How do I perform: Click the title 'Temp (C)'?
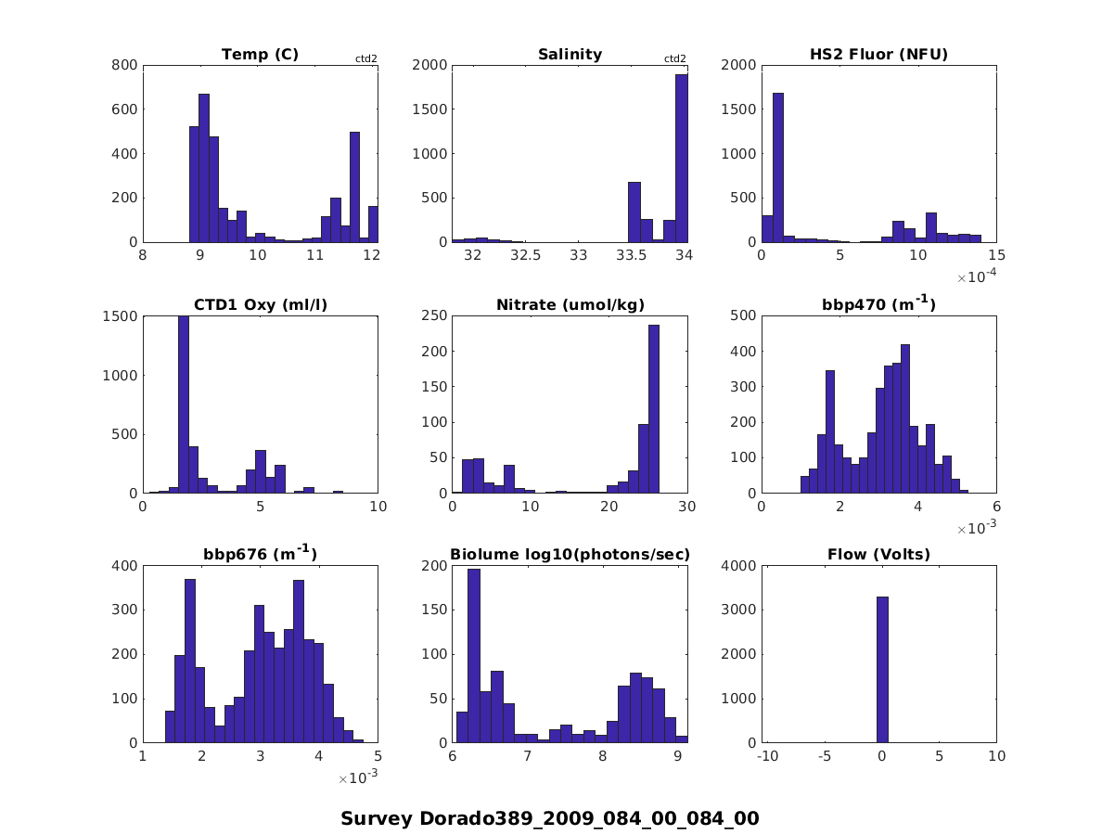(260, 55)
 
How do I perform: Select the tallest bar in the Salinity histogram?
(682, 158)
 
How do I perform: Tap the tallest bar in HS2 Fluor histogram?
(778, 167)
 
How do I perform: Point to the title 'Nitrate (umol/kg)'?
(570, 305)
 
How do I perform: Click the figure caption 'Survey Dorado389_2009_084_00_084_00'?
(550, 818)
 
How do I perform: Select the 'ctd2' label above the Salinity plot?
(675, 59)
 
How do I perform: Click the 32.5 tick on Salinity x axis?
(525, 255)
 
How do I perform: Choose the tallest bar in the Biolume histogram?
(473, 656)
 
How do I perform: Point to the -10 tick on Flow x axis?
(766, 757)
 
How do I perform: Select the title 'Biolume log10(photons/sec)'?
(570, 555)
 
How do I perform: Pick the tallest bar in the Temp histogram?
(203, 167)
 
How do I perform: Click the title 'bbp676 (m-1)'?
(260, 555)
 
